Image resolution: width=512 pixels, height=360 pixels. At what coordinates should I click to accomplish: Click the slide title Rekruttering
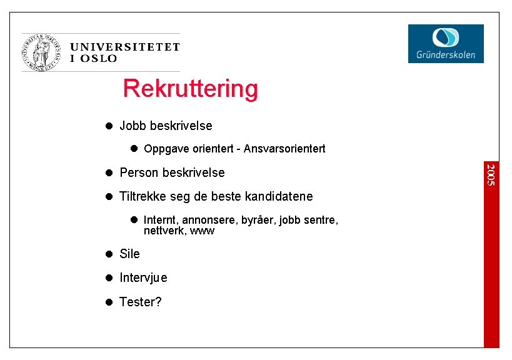(x=190, y=88)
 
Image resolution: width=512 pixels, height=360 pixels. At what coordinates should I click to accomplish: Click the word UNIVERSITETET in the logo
(x=125, y=47)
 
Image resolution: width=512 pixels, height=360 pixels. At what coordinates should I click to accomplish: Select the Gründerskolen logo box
(x=446, y=43)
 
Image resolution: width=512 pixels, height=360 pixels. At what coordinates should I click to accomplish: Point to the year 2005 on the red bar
(x=491, y=174)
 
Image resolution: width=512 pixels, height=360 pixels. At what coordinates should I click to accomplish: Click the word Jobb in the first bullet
(x=133, y=126)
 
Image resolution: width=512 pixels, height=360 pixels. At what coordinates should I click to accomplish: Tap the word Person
(x=139, y=172)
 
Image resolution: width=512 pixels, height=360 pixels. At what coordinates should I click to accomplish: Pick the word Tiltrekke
(x=143, y=196)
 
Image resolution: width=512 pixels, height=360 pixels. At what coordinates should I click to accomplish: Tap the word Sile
(x=129, y=254)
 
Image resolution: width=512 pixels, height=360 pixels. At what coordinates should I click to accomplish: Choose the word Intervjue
(x=143, y=277)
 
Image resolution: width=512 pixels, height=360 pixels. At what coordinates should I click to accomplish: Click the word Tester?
(x=141, y=302)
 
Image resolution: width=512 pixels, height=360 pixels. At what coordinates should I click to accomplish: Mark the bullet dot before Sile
(x=108, y=254)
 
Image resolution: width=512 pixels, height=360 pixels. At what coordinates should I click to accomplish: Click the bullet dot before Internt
(x=134, y=220)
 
